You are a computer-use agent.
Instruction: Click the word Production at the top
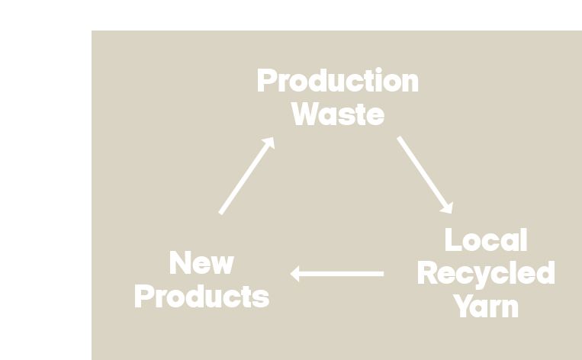coord(337,81)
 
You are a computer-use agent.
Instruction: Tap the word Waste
coord(337,114)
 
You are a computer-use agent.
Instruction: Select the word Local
coord(486,240)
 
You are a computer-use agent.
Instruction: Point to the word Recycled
coord(486,273)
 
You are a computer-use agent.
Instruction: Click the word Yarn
coord(486,306)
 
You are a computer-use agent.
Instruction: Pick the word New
coord(201,264)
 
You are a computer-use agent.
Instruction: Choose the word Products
coord(201,297)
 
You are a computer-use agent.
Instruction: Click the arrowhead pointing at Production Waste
coord(268,143)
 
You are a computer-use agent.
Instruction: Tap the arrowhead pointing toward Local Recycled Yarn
coord(448,207)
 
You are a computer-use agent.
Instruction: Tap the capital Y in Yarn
coord(463,306)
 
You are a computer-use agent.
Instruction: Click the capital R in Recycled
coord(429,273)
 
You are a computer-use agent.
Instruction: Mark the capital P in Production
coord(267,81)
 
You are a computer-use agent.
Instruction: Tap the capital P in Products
coord(144,297)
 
